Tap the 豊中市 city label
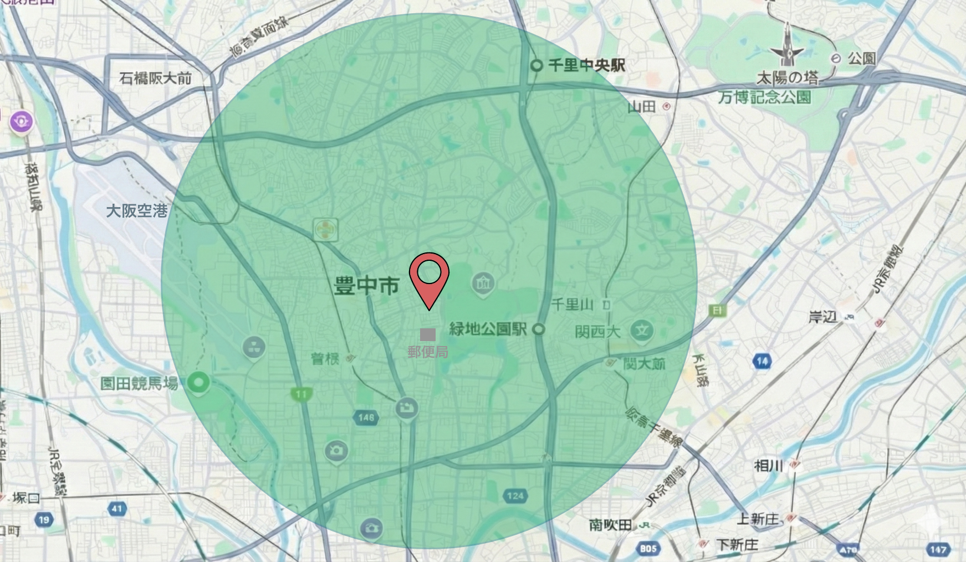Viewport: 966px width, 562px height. point(366,286)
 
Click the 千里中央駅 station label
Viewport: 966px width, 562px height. point(586,65)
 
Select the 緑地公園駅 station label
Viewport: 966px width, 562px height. point(488,329)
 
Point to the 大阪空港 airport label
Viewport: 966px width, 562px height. point(136,211)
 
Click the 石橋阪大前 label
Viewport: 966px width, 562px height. point(156,78)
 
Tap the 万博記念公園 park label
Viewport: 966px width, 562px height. point(765,97)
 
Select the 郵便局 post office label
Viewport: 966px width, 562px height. point(427,352)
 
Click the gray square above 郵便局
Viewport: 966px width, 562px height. point(427,334)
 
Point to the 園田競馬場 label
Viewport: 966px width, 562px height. point(139,383)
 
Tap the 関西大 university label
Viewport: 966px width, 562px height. point(597,332)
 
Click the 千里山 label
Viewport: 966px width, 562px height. point(573,305)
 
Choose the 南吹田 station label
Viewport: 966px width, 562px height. point(610,524)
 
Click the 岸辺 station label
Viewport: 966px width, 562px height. point(822,317)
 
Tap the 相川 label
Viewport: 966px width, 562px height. point(769,466)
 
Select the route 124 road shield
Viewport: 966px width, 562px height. point(515,496)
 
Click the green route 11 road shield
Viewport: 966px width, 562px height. point(301,394)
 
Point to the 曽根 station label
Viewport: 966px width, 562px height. point(325,359)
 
